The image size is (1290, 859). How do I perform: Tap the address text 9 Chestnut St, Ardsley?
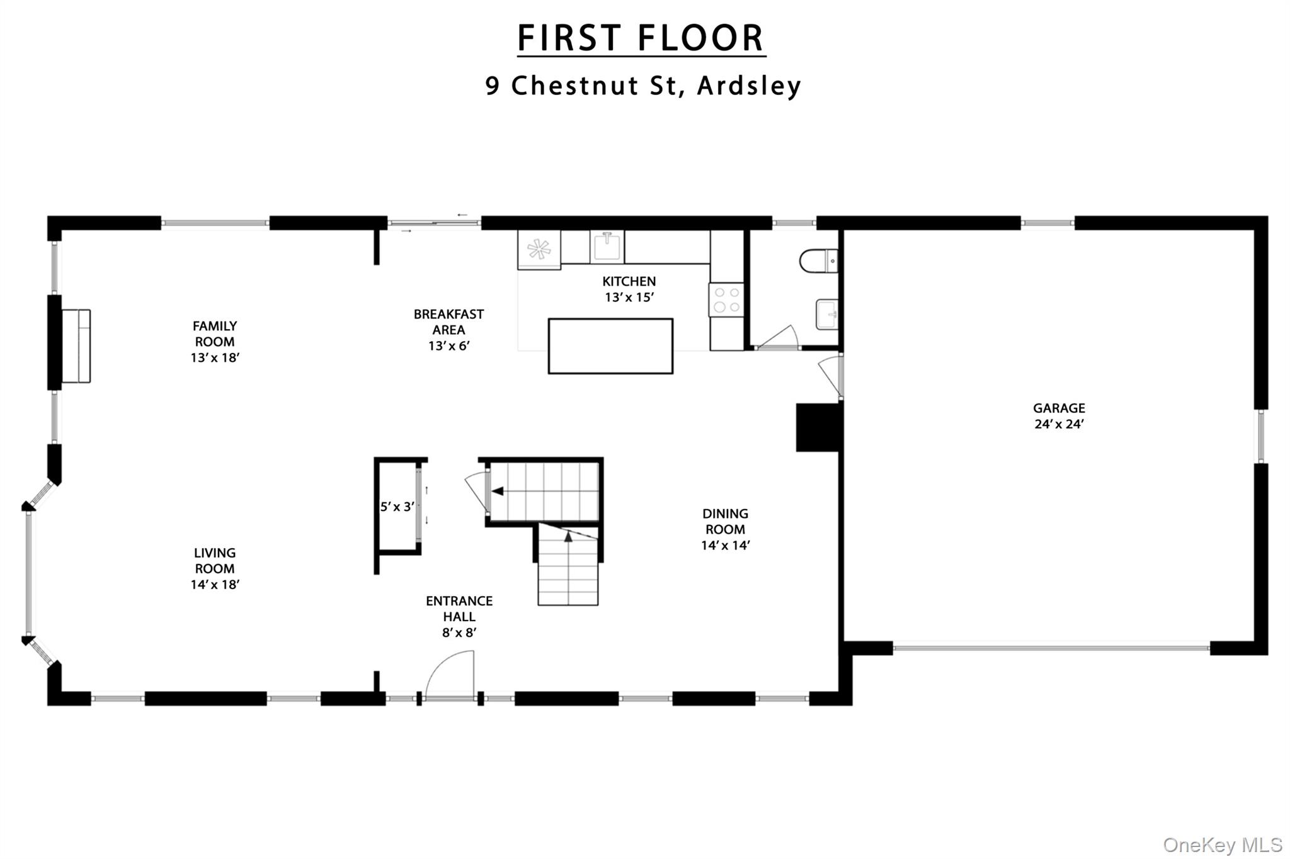(x=642, y=86)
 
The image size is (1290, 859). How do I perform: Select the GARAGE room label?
(x=1059, y=408)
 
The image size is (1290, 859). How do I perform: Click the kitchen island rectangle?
(x=610, y=346)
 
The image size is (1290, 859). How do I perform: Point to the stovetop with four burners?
(x=726, y=300)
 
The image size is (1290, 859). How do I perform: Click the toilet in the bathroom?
(x=818, y=261)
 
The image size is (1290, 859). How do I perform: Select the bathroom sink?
(x=827, y=314)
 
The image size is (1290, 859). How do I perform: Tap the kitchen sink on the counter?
(x=607, y=247)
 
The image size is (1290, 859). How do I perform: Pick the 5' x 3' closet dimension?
(x=397, y=507)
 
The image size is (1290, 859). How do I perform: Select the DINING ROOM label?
(x=725, y=521)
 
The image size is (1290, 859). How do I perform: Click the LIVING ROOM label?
(x=214, y=560)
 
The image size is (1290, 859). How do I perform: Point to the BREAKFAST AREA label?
(x=448, y=321)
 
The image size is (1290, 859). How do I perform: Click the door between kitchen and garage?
(x=830, y=376)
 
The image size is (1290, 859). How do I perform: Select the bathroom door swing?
(x=779, y=339)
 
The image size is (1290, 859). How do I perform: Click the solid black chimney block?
(x=818, y=427)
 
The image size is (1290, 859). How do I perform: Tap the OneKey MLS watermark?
(x=1222, y=845)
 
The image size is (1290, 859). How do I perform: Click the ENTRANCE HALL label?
(x=459, y=609)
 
